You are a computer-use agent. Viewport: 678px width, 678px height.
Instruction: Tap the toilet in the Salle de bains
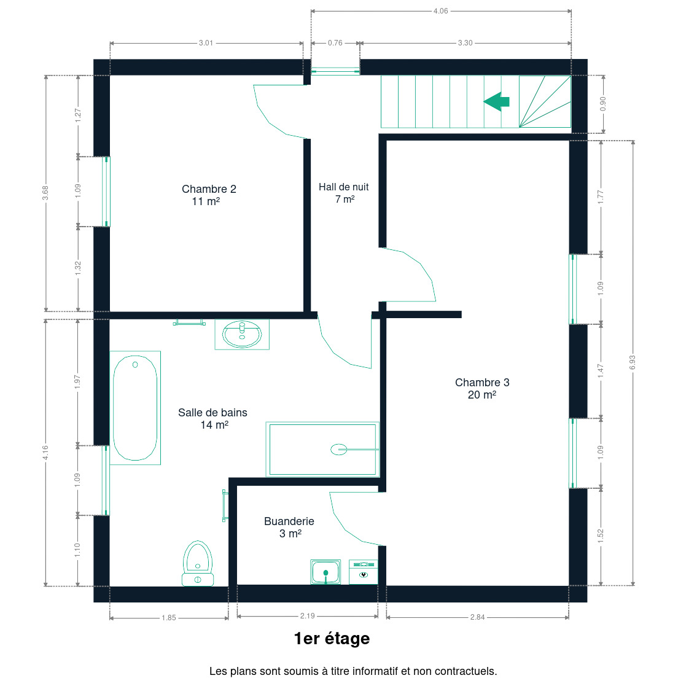click(198, 563)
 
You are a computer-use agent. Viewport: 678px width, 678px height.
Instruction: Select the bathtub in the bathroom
click(135, 408)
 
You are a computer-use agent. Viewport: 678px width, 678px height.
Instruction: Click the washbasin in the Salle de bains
click(242, 334)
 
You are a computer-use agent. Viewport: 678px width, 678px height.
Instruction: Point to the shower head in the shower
click(339, 450)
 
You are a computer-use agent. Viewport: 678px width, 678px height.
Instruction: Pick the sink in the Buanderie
click(325, 572)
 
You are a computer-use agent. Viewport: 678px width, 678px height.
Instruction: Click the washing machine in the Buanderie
click(364, 572)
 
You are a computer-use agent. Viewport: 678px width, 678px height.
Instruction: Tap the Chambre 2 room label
click(208, 195)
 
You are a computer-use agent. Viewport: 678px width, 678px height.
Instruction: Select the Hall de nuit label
click(344, 193)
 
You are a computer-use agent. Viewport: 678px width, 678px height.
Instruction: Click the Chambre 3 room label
click(482, 388)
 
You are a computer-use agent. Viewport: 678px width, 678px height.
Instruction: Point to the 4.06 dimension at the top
click(440, 11)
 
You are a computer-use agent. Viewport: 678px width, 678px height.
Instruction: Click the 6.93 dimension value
click(633, 362)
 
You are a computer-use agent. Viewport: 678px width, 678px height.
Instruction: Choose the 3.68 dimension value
click(45, 193)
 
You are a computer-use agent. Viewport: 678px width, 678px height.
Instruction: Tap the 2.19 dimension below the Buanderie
click(308, 616)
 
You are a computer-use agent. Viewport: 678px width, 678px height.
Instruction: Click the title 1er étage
click(332, 639)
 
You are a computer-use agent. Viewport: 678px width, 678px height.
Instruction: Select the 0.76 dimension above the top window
click(335, 43)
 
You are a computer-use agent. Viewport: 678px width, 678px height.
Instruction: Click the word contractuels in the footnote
click(466, 671)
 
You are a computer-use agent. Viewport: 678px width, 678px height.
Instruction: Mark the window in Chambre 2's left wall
click(106, 192)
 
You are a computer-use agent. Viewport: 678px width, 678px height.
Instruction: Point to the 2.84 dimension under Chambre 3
click(477, 617)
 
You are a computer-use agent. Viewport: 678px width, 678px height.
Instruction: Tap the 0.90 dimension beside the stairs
click(603, 104)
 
